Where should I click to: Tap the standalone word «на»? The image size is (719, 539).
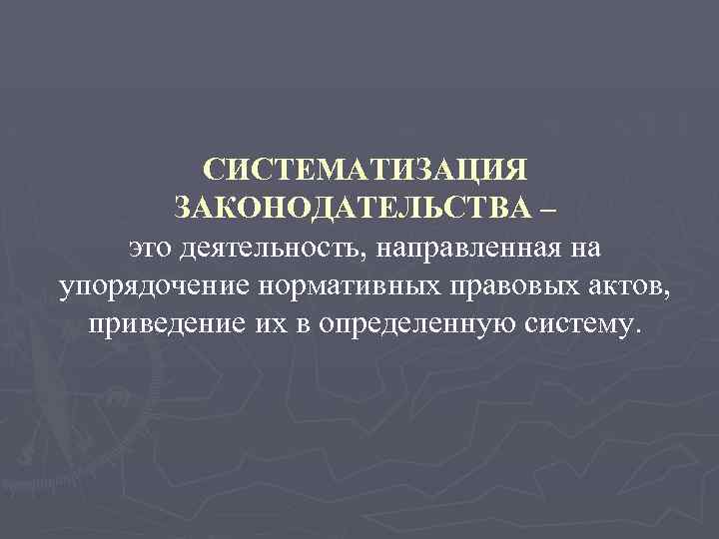564,248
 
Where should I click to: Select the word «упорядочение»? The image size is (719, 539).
154,286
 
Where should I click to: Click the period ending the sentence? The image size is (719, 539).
628,332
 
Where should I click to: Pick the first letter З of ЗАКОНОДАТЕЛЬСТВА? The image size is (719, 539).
182,208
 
